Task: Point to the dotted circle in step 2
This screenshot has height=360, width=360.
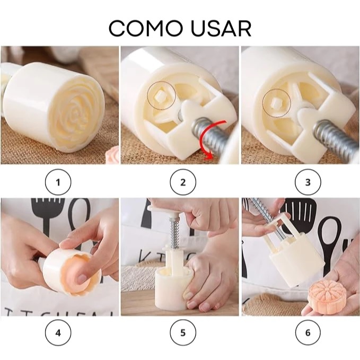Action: [x=161, y=95]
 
